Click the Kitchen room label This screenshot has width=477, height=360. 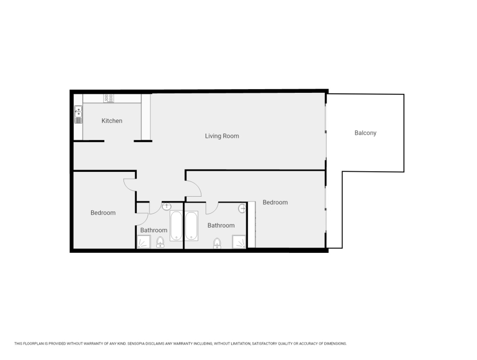pyautogui.click(x=112, y=121)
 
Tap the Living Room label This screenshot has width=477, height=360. pyautogui.click(x=222, y=136)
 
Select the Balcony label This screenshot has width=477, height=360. pyautogui.click(x=365, y=133)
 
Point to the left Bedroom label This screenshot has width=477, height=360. pyautogui.click(x=103, y=213)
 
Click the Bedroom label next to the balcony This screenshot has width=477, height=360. pyautogui.click(x=275, y=203)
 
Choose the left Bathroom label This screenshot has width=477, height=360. pyautogui.click(x=154, y=231)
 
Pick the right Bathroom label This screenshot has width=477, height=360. pyautogui.click(x=221, y=226)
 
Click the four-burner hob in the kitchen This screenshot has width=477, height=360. pyautogui.click(x=109, y=98)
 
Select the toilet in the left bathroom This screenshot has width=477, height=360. pyautogui.click(x=160, y=243)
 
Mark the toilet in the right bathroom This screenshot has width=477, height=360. pyautogui.click(x=217, y=243)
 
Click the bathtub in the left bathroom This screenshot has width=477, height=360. pyautogui.click(x=176, y=226)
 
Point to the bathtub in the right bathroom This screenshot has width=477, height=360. pyautogui.click(x=191, y=226)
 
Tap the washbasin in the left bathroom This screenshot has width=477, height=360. pyautogui.click(x=166, y=206)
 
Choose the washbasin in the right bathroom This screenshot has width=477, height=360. pyautogui.click(x=243, y=209)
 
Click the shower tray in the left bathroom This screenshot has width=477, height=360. pyautogui.click(x=144, y=243)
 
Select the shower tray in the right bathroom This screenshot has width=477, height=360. pyautogui.click(x=240, y=242)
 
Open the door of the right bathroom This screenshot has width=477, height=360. pyautogui.click(x=212, y=208)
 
